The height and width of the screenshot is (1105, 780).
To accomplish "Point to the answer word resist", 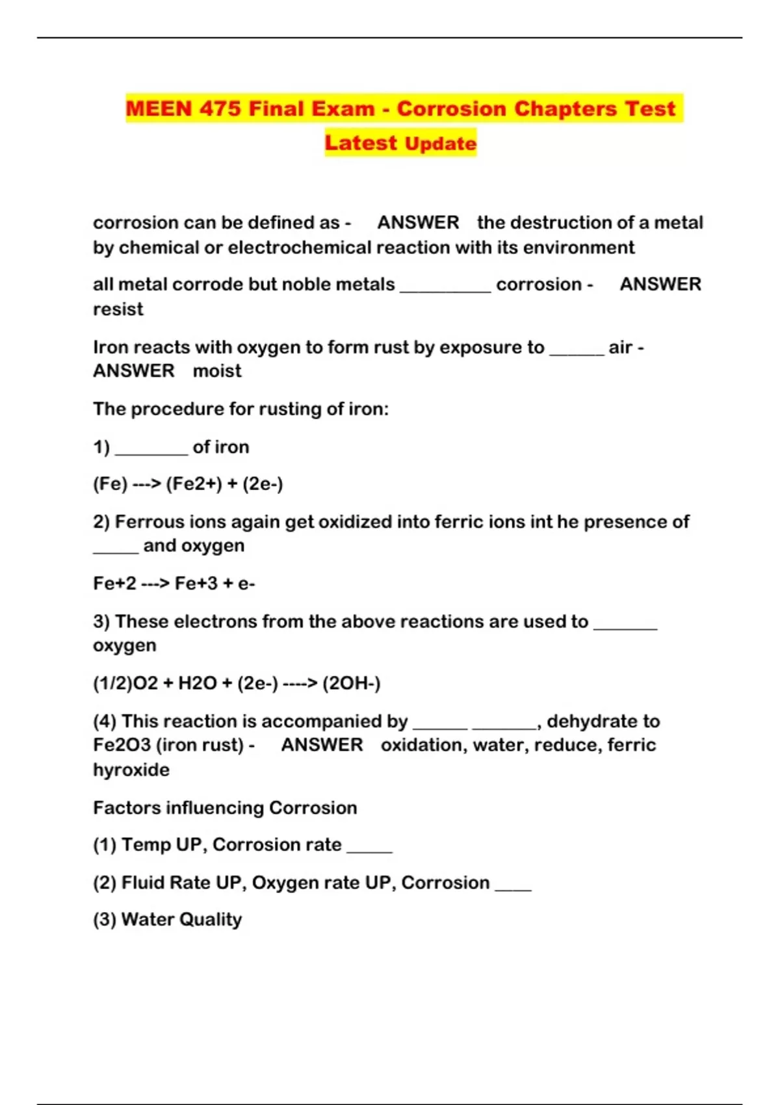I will click(118, 309).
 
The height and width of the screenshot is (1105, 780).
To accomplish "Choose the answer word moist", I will click(217, 370).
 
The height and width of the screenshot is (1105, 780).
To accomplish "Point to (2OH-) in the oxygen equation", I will click(351, 683).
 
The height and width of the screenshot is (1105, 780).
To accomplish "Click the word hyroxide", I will click(131, 770).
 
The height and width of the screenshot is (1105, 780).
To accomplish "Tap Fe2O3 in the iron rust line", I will click(122, 745).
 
